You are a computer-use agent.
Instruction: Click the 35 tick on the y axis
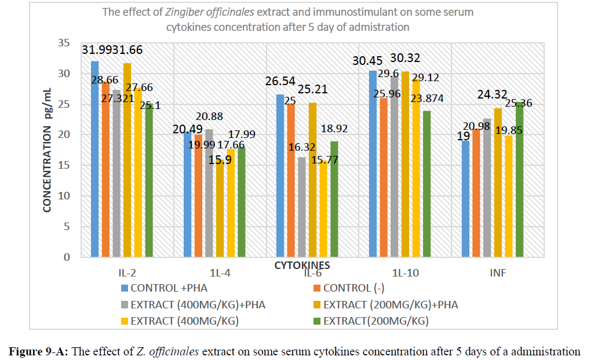pos(76,43)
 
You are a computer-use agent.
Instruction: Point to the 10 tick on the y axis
pos(76,196)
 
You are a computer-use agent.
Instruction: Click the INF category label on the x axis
pos(497,271)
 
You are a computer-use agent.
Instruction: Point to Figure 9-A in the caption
pos(36,351)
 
